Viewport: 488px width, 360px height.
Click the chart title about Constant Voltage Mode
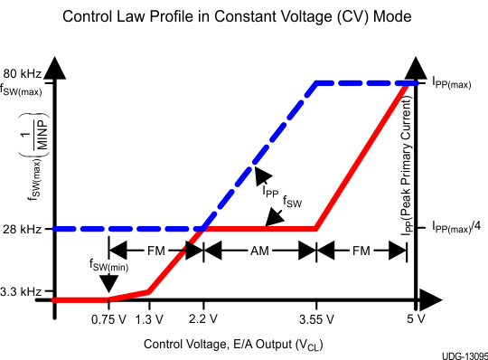coord(243,16)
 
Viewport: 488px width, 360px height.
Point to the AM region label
coord(258,250)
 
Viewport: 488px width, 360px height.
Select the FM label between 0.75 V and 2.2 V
coord(155,250)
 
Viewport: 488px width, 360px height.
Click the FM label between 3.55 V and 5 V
coord(360,250)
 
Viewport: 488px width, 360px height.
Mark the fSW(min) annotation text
coord(107,265)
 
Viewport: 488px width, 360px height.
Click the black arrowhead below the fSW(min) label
coord(108,285)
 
